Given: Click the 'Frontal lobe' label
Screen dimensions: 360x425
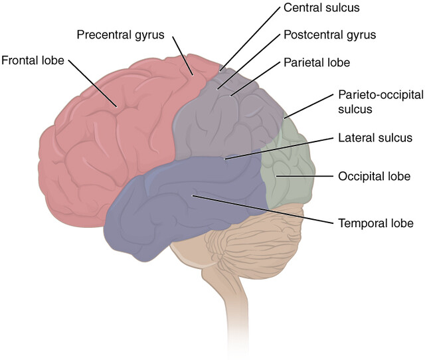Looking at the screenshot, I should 33,60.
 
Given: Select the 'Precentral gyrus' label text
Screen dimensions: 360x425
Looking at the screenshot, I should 120,33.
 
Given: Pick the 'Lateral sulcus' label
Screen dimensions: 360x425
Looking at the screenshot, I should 375,137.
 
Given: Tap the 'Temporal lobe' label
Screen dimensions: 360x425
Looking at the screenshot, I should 376,223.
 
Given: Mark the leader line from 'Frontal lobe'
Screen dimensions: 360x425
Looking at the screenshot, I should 93,83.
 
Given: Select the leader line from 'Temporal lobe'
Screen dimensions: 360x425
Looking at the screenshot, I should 266,210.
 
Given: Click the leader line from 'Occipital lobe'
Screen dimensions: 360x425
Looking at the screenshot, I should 305,176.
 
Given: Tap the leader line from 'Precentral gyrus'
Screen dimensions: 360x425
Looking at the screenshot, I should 183,53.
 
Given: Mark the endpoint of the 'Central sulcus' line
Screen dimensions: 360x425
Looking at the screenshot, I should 222,69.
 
